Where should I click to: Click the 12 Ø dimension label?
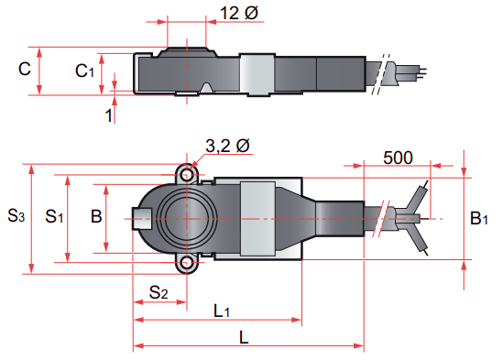(239, 13)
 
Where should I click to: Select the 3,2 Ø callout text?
(227, 146)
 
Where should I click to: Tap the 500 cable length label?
(398, 158)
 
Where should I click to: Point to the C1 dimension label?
(84, 71)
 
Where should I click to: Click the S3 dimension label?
(16, 215)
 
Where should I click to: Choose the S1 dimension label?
(54, 216)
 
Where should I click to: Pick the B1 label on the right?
(479, 218)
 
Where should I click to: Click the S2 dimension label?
(159, 292)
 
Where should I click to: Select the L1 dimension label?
(222, 311)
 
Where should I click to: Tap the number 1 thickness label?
(109, 115)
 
